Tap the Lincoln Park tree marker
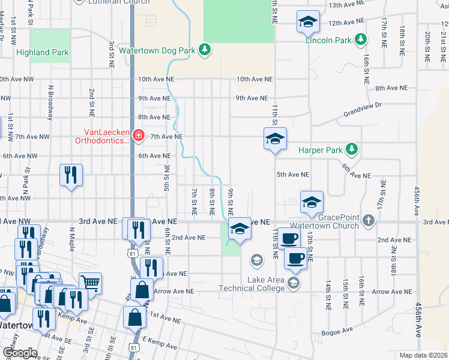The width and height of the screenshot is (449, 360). [360, 40]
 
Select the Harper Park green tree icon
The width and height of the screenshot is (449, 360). [354, 149]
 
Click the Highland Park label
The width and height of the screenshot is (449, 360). [42, 53]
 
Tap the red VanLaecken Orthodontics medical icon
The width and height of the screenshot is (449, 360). [139, 136]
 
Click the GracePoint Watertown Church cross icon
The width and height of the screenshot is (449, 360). [369, 222]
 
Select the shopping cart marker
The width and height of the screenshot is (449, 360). [90, 283]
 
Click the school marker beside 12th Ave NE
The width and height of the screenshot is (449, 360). [308, 23]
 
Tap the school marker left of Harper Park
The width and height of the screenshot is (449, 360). [275, 139]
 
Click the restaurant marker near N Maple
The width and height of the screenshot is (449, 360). [71, 175]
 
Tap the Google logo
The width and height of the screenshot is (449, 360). [19, 353]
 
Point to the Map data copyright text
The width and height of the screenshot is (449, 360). [423, 355]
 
